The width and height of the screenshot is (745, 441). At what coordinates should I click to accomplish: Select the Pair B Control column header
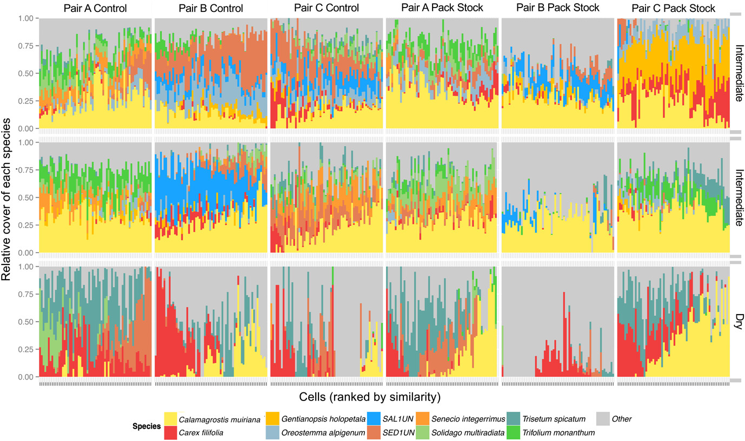(210, 9)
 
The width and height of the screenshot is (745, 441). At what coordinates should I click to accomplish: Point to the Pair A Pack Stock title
(442, 8)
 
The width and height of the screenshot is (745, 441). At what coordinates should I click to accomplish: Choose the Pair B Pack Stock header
(557, 8)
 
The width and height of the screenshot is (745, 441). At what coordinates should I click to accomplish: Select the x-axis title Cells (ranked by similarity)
(369, 397)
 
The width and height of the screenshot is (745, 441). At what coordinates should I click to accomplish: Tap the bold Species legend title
(147, 426)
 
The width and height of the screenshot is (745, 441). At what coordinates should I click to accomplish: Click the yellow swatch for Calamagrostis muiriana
(170, 419)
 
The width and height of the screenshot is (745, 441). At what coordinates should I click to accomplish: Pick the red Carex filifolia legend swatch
(170, 432)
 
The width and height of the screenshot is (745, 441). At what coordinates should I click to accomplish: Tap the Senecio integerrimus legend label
(467, 419)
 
